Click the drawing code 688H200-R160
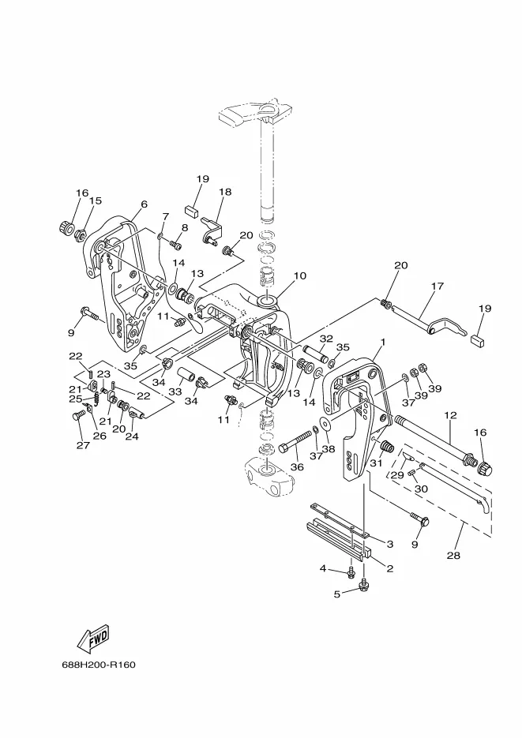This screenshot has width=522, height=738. pyautogui.click(x=99, y=664)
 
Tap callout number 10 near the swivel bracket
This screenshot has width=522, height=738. pyautogui.click(x=299, y=276)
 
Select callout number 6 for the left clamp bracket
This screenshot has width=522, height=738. pyautogui.click(x=144, y=204)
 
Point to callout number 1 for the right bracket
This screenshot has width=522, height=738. pyautogui.click(x=382, y=343)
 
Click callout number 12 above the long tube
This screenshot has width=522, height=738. pyautogui.click(x=450, y=415)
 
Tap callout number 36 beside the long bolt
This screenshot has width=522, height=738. pyautogui.click(x=296, y=467)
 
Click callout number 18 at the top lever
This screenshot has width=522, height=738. pyautogui.click(x=225, y=192)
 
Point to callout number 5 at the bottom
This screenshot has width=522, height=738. pyautogui.click(x=336, y=594)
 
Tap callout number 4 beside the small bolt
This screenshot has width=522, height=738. pyautogui.click(x=323, y=568)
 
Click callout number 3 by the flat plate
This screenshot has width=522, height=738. pyautogui.click(x=389, y=544)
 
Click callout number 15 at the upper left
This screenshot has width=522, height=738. pyautogui.click(x=95, y=201)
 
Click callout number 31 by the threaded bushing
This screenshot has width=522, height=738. pyautogui.click(x=376, y=463)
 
